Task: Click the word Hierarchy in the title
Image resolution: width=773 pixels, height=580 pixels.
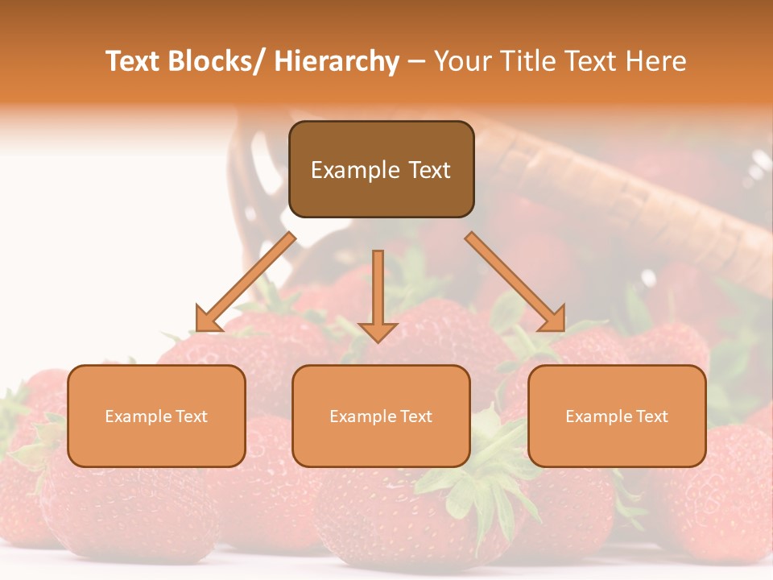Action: point(337,61)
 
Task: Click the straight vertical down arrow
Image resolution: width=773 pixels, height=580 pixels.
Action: point(378,290)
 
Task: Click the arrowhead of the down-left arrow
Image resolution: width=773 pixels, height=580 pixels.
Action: point(207,320)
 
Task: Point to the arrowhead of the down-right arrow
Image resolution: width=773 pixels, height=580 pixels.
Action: point(553,320)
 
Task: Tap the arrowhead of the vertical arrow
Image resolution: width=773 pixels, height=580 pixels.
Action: point(378,332)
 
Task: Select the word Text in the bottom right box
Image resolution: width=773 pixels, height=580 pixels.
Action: point(651,416)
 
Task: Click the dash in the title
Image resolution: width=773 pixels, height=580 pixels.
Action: point(416,61)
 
